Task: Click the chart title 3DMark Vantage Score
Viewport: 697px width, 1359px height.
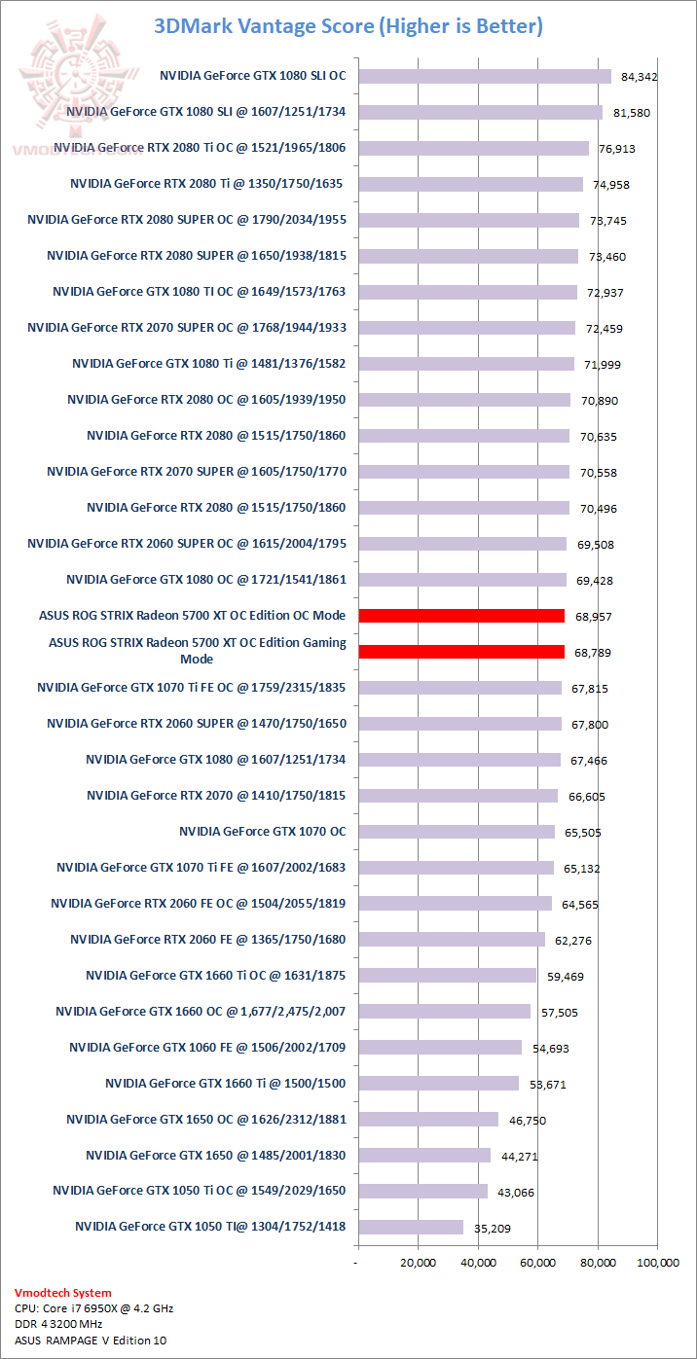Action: coord(348,26)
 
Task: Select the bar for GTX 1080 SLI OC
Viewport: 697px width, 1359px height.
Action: coord(485,76)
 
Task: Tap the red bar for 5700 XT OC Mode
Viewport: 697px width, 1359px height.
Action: coord(461,616)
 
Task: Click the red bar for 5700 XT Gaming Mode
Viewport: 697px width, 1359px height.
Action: coord(461,652)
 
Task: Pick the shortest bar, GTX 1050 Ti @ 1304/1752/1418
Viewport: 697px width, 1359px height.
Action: coord(411,1227)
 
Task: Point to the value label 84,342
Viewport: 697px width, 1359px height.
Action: coord(639,76)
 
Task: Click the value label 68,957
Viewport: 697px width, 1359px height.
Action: coord(594,617)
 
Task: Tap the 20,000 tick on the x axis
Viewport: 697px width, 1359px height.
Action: coord(418,1263)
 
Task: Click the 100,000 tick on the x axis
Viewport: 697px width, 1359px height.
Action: coord(657,1263)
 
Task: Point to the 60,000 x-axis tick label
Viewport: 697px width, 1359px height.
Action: coord(537,1263)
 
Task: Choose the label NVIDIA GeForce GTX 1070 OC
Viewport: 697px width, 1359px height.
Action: coord(263,832)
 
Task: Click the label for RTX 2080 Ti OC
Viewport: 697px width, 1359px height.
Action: coord(200,148)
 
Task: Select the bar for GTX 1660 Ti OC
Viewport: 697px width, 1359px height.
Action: coord(447,975)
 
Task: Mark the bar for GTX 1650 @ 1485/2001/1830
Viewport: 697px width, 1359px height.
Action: coord(424,1155)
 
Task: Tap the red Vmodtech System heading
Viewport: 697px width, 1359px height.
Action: coord(63,1293)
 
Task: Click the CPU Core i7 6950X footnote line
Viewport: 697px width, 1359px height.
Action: coord(94,1308)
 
